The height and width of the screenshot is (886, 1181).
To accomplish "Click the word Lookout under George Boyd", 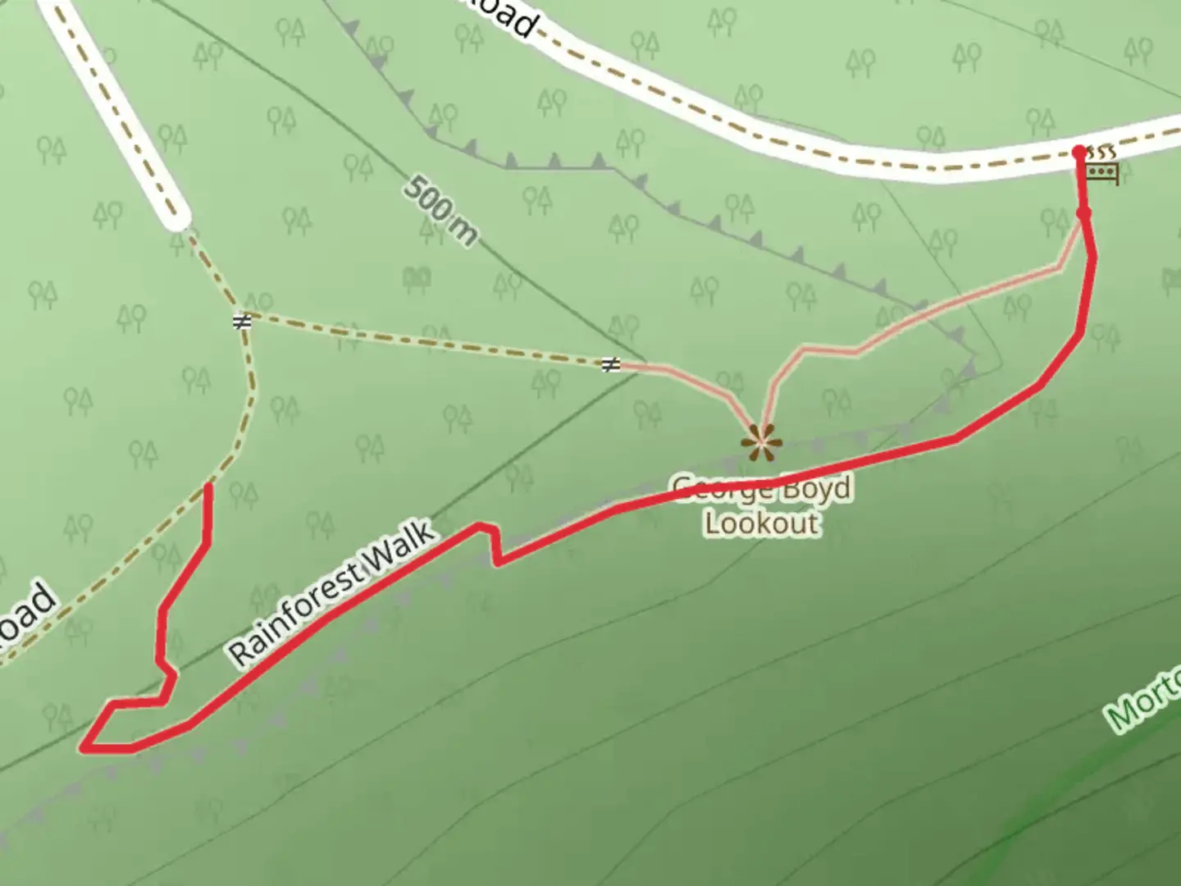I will (762, 523).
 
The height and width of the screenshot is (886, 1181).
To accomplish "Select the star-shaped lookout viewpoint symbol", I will (762, 443).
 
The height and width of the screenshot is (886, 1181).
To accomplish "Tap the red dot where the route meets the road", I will (1079, 152).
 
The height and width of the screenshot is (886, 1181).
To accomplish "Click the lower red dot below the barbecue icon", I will (1083, 214).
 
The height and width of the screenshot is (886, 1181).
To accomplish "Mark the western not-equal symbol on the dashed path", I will (241, 322).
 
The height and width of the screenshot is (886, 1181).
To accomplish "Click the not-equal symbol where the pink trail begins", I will (610, 364).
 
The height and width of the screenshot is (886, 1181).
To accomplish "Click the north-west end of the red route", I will (208, 487).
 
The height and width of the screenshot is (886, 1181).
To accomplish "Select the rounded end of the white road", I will (175, 217).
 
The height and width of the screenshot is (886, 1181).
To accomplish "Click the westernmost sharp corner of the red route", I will (84, 747).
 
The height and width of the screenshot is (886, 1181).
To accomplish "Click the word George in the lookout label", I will (722, 490).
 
